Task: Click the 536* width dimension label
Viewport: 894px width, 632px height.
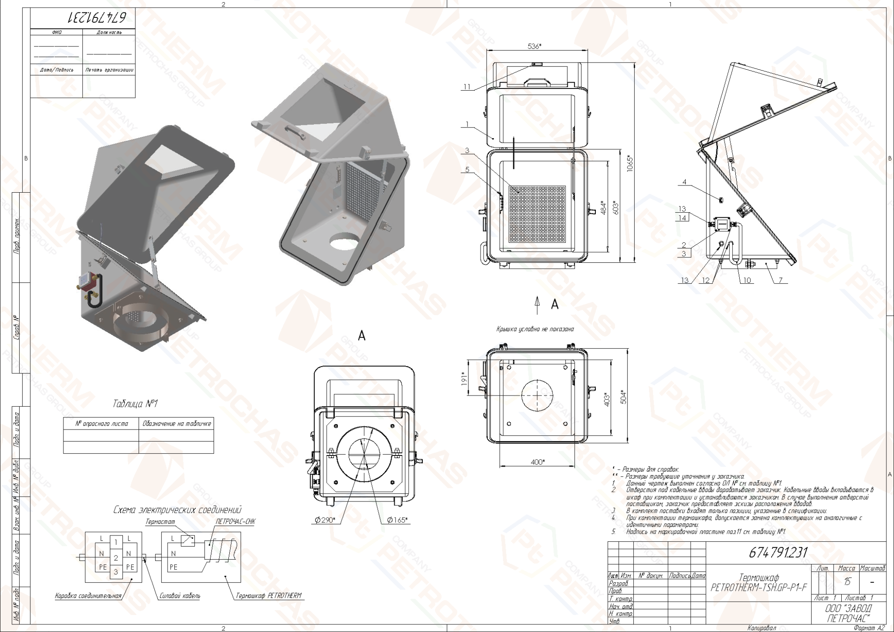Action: pos(534,46)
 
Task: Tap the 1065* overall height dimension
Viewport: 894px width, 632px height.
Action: pos(630,164)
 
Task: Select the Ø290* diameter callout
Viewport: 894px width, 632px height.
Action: pos(325,520)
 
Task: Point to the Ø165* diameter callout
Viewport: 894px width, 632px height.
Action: pos(397,520)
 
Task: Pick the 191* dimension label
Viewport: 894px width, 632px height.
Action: pos(464,378)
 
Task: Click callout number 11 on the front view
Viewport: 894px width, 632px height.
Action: pos(467,87)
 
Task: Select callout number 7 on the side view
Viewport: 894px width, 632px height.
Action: pos(780,280)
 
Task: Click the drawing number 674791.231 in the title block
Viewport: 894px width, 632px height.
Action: pos(778,553)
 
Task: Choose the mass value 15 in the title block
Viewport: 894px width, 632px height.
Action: pos(847,581)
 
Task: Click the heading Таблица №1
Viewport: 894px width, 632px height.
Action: pos(135,404)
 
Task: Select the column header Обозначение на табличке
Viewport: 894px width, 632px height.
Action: pos(177,423)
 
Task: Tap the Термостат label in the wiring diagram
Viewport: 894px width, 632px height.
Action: pos(160,522)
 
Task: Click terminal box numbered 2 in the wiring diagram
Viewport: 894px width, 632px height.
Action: pos(116,557)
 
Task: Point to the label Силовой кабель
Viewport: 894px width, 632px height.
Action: pos(180,596)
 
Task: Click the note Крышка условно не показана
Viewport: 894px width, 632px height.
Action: pos(535,329)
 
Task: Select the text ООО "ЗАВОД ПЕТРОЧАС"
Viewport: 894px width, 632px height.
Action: pos(848,613)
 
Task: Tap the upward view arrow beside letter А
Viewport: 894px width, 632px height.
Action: pos(537,306)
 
